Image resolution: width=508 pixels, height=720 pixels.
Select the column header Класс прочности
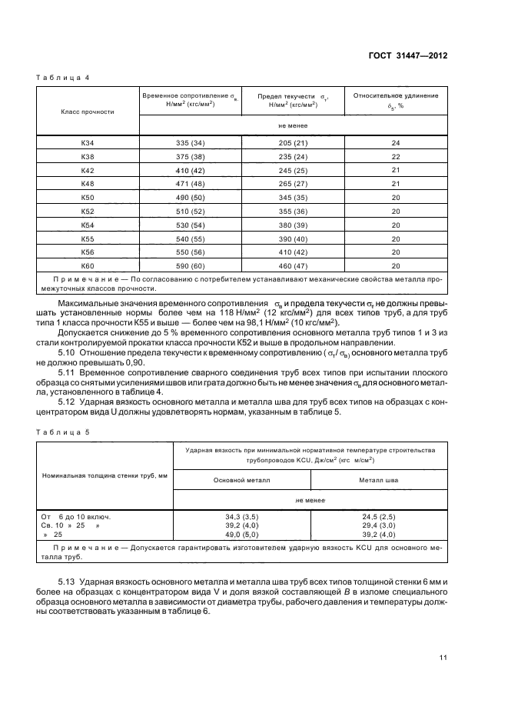point(87,112)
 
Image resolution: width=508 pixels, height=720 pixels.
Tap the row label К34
point(87,144)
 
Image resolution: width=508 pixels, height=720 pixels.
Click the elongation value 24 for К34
point(396,144)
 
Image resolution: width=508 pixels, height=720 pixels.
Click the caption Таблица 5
point(63,432)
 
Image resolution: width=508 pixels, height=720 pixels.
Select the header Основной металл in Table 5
point(242,478)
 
